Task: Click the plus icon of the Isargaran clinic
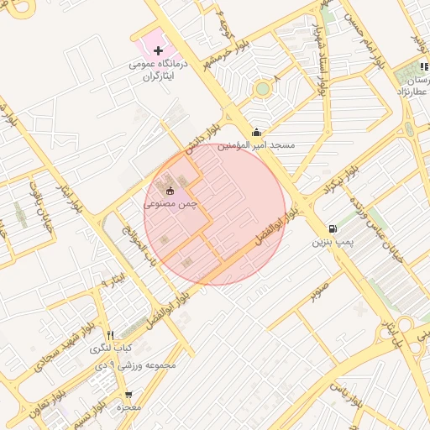coord(158,51)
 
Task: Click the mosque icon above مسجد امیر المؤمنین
coord(256,132)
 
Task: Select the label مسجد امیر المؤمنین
coord(257,145)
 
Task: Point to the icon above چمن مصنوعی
coord(170,191)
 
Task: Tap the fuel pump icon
coord(334,228)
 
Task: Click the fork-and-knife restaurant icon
coord(110,334)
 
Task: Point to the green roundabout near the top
coord(263,87)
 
